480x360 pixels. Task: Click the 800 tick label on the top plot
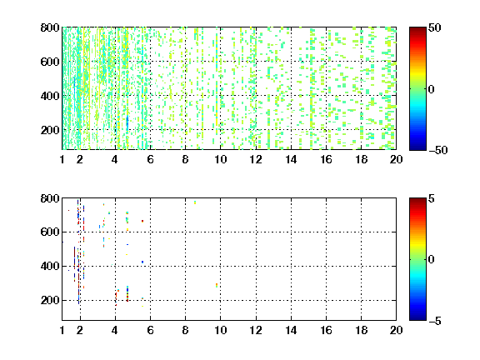50,27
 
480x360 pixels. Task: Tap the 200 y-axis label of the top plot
50,130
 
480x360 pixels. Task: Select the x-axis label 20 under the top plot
396,159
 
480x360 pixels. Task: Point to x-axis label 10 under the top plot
220,159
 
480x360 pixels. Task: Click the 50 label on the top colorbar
434,27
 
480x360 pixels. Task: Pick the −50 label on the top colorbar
438,150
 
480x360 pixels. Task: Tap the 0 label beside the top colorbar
432,89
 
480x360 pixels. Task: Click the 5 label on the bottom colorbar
432,198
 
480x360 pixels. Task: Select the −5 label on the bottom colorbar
435,321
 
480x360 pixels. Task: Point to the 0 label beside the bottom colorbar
432,260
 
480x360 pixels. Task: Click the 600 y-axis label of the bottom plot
50,232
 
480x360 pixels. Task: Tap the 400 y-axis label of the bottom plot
50,266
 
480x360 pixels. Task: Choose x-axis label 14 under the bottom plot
291,330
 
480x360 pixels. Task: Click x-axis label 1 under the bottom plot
62,330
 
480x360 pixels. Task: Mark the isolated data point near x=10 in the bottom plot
217,285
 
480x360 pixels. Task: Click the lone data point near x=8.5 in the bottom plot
195,202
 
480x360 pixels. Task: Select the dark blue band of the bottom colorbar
417,317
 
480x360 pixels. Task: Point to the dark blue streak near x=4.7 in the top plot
127,122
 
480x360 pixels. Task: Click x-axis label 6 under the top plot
150,159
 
